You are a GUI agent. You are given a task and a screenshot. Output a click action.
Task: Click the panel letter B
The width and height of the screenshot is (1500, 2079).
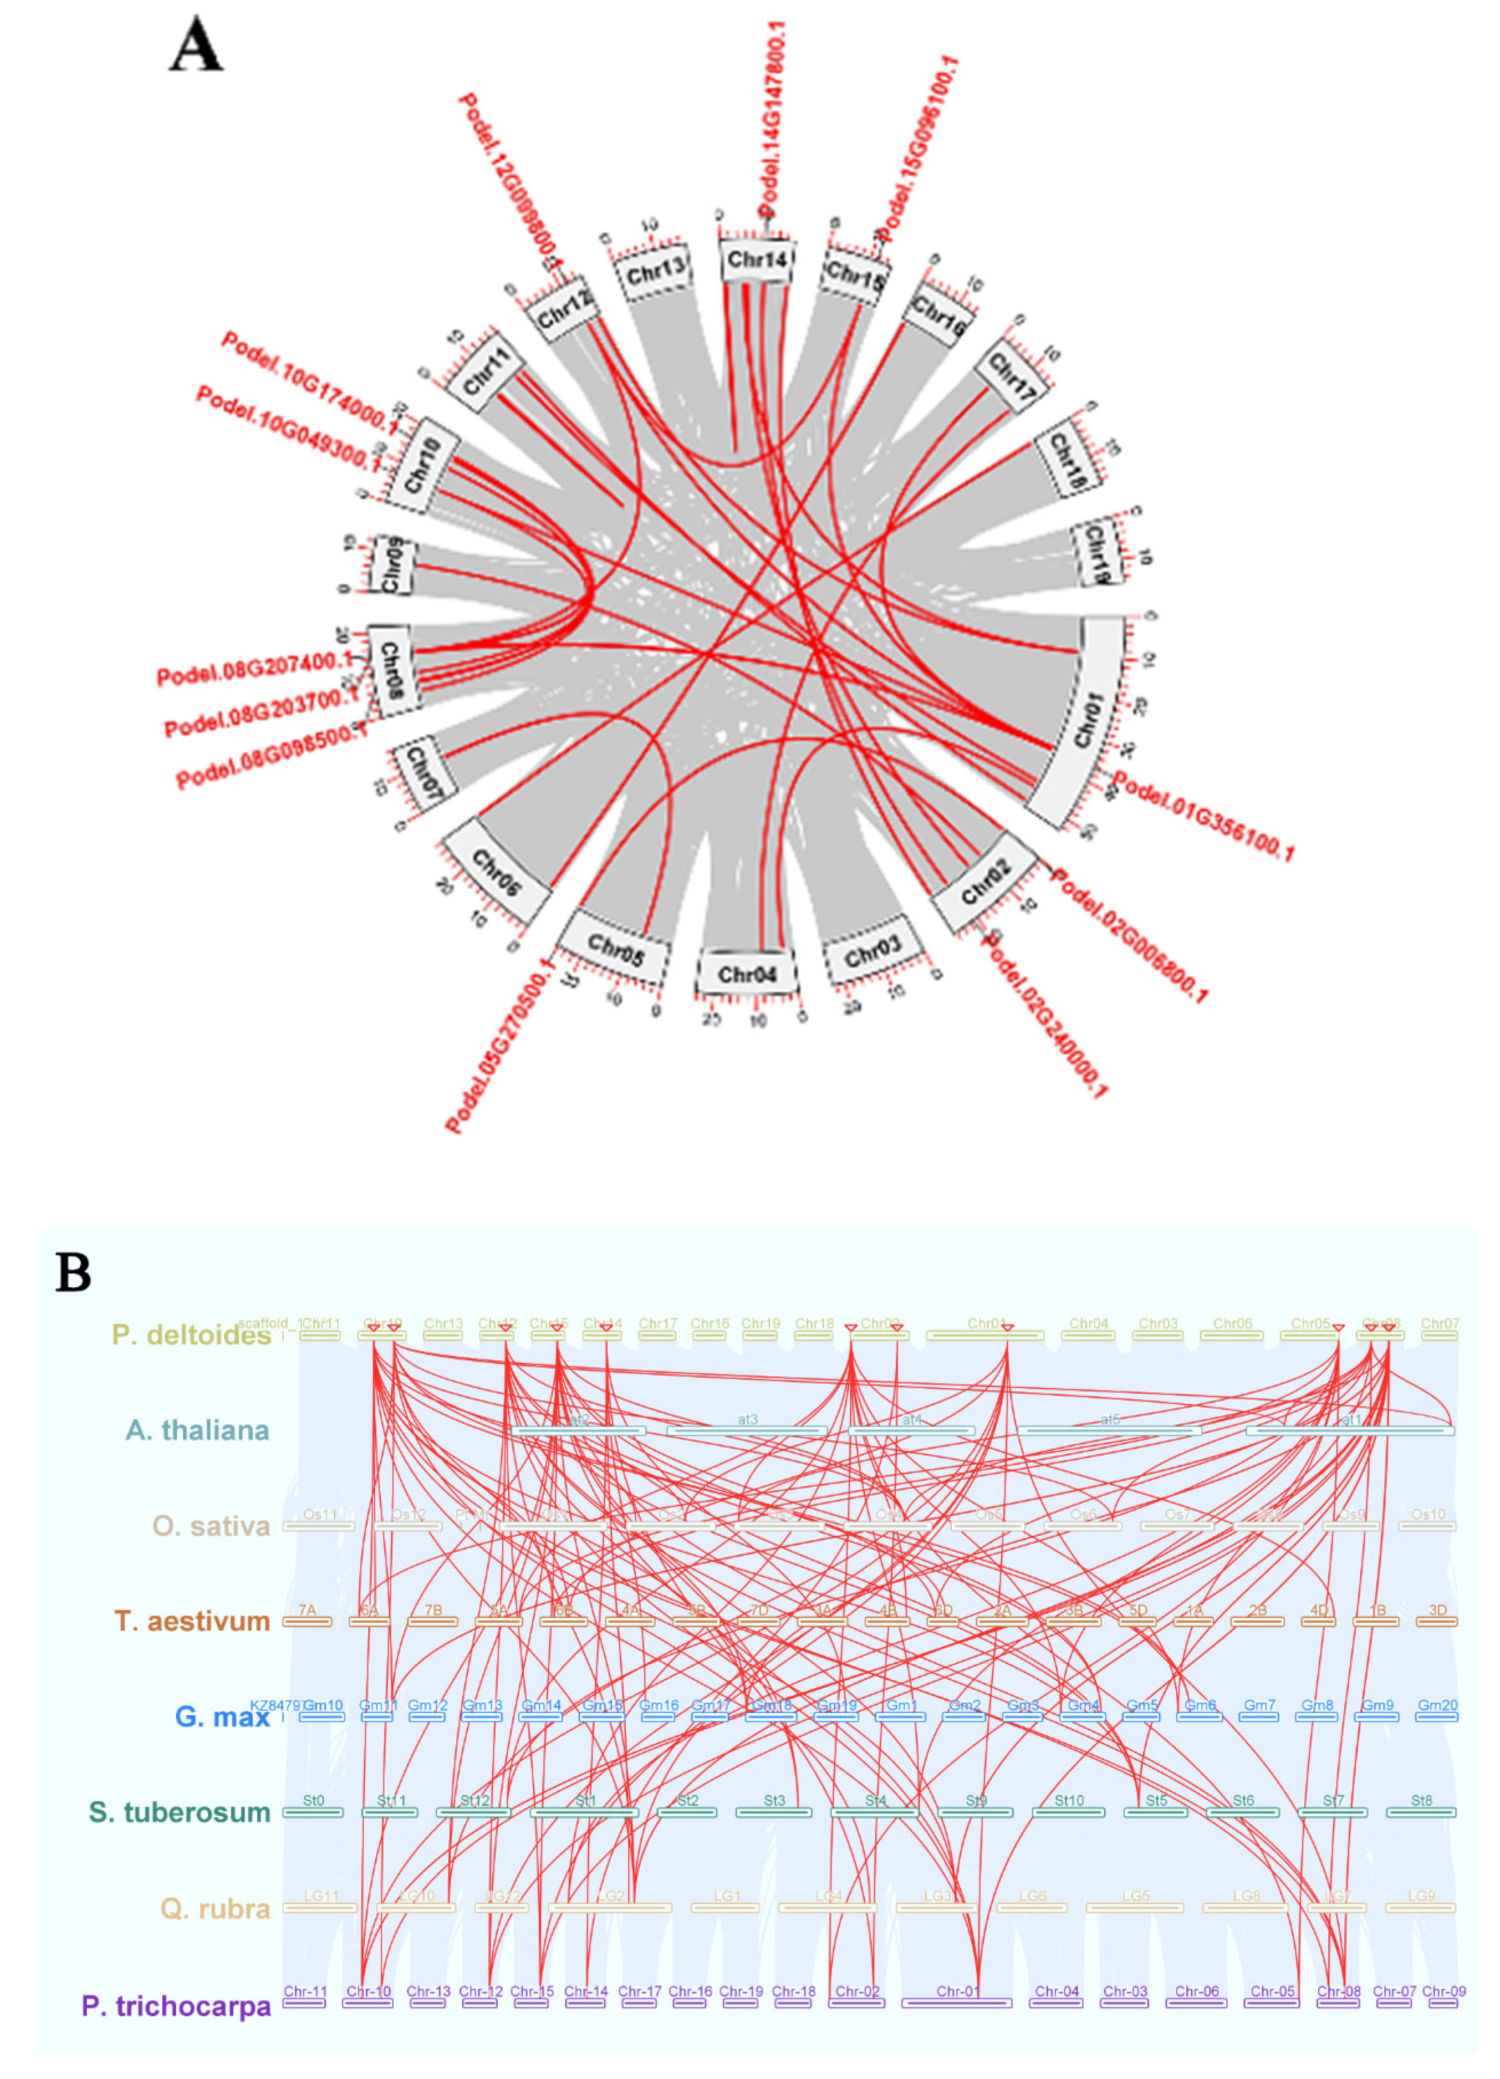click(x=73, y=1272)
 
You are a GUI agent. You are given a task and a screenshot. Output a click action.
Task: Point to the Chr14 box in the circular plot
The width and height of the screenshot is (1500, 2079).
click(x=756, y=261)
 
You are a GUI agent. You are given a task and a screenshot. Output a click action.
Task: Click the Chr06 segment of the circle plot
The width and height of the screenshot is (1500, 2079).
click(x=496, y=872)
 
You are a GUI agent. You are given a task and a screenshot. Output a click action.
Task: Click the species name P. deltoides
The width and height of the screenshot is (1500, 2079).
click(x=191, y=1334)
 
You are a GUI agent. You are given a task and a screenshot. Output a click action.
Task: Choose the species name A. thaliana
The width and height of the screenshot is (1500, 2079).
click(x=198, y=1430)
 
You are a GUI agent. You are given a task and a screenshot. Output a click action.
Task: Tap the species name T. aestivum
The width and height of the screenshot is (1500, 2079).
click(x=192, y=1621)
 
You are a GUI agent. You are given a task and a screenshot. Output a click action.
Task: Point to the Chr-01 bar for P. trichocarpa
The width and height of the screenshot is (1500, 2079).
click(x=957, y=2003)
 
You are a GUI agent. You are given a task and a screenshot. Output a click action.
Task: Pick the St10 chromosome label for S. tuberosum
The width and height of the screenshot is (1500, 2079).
click(x=1068, y=1800)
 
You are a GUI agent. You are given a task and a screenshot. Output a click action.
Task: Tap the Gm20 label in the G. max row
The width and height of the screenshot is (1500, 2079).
click(x=1437, y=1705)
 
